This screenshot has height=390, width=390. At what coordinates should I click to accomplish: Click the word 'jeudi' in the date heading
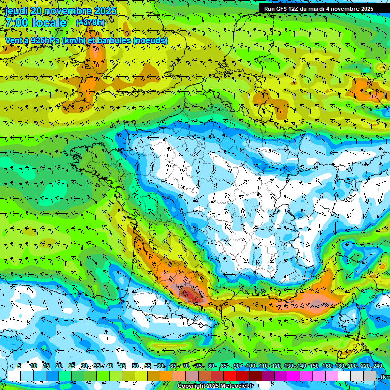[x=16, y=10]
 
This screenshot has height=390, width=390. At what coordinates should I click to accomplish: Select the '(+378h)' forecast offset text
[x=90, y=23]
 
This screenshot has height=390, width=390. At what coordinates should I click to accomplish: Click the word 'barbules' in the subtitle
[x=113, y=40]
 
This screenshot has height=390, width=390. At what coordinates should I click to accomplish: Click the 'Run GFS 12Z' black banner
[x=319, y=9]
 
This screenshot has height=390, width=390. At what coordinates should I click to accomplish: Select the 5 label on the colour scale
[x=19, y=366]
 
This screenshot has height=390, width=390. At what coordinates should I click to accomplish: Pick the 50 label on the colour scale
[x=135, y=366]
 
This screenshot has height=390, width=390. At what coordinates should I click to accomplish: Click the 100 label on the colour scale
[x=250, y=366]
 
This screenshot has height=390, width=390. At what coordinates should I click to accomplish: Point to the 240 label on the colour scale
[x=377, y=366]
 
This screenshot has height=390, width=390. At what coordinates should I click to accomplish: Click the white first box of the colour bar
[x=14, y=376]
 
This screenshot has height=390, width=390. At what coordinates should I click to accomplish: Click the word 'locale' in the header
[x=49, y=23]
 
